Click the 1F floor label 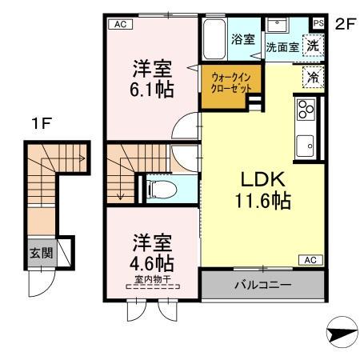pos(42,124)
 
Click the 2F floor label pos(344,23)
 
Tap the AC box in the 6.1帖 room pos(119,25)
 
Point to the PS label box pos(318,23)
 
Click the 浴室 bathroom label pos(243,38)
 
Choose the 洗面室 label pos(282,48)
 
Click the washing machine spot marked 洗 pos(314,46)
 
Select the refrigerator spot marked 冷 pos(314,77)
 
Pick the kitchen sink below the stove pos(306,145)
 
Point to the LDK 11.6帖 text pos(262,190)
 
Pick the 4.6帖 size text pos(150,262)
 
